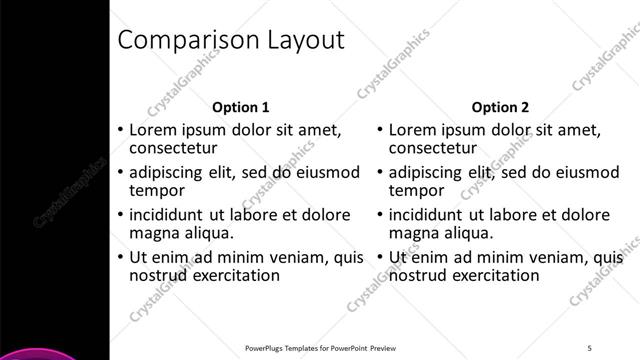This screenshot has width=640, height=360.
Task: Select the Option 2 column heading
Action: click(x=500, y=107)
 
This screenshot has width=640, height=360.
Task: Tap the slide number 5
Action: click(x=590, y=347)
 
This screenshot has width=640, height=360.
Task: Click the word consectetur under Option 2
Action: click(x=433, y=148)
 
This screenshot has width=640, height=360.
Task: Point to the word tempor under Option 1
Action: click(x=157, y=190)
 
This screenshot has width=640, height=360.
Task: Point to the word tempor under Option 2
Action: click(x=416, y=190)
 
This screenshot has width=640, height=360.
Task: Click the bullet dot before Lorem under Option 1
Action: click(x=120, y=130)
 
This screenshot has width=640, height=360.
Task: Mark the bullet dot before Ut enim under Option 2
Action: click(x=380, y=258)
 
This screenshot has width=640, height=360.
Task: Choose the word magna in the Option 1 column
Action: click(x=153, y=233)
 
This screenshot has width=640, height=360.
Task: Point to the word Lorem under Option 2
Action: click(x=410, y=130)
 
